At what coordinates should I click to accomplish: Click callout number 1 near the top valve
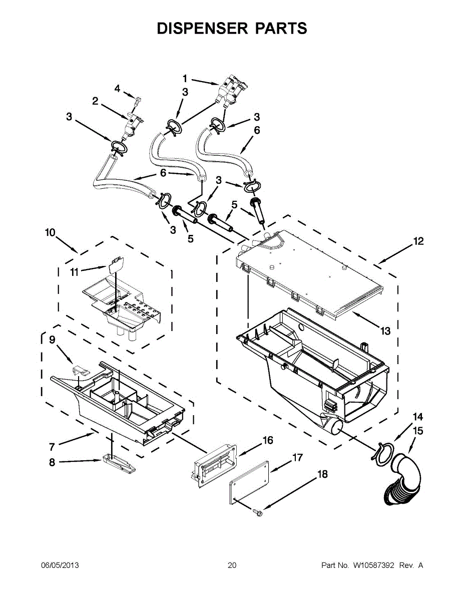(185, 78)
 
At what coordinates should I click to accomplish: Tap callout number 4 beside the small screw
(117, 89)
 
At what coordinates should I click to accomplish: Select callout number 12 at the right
(418, 241)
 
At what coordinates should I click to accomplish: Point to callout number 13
(384, 331)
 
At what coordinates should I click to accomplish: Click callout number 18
(322, 474)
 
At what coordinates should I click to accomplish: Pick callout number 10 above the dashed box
(50, 232)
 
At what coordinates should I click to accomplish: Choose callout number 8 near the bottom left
(52, 463)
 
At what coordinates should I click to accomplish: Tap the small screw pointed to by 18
(258, 512)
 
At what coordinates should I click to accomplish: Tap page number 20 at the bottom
(232, 565)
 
